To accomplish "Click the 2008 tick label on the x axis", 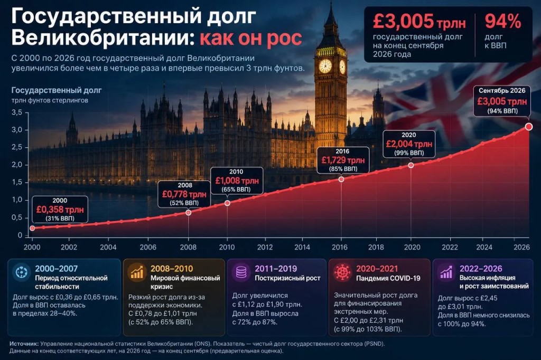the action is point(188,247).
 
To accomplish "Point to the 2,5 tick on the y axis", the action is point(16,147).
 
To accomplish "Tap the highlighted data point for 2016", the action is point(341,179).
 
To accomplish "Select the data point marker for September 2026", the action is point(528,127).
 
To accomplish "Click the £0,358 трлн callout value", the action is point(60,210).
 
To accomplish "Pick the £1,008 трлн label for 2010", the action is point(237,181).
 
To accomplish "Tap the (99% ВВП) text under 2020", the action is point(409,153).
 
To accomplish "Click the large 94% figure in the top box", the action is point(503,22).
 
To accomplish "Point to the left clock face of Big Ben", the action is point(325,66).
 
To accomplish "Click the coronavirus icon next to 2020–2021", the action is point(342,272).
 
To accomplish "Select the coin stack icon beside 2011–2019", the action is point(241,272).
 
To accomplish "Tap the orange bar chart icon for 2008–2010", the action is point(137,272).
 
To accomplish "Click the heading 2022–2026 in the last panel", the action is point(481,269).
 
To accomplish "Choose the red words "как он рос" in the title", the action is point(251,37).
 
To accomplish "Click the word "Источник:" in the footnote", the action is point(24,344).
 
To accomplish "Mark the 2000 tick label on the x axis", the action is point(32,247).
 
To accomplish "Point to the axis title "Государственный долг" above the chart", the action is point(57,90).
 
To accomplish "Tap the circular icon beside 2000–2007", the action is point(21,272).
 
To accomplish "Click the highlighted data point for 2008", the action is point(189,213).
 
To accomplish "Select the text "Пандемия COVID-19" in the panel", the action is point(388,278).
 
